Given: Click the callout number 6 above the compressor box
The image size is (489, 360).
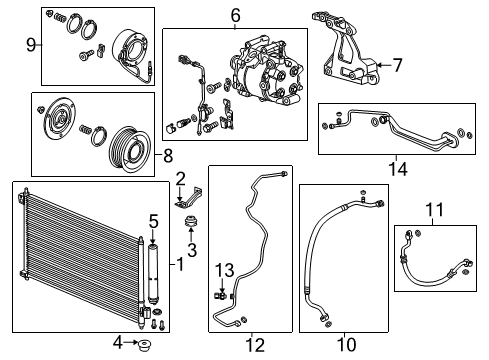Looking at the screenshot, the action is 235,15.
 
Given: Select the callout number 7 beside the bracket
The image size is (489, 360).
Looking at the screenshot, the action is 397,65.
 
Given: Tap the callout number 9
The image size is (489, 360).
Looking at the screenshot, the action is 31,45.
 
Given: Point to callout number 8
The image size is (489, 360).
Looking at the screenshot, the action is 168,155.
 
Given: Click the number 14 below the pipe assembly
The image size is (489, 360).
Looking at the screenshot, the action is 398,169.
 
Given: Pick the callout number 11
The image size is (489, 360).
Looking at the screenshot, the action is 435,210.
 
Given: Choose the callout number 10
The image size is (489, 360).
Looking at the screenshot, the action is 347,344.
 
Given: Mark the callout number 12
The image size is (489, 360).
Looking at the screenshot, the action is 255,345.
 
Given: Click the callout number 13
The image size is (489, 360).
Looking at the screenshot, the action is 224,270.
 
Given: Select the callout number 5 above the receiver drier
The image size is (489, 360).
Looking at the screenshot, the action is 153,222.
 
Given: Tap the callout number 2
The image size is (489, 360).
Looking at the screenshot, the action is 180,179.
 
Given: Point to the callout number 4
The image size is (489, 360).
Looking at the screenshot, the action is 118,342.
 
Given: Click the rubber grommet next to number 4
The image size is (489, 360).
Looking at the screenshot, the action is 145,345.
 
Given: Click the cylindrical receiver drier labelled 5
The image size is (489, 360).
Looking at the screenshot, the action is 153,274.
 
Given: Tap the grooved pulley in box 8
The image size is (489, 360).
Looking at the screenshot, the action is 130,149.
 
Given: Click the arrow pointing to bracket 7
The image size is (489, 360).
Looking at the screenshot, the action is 383,65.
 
